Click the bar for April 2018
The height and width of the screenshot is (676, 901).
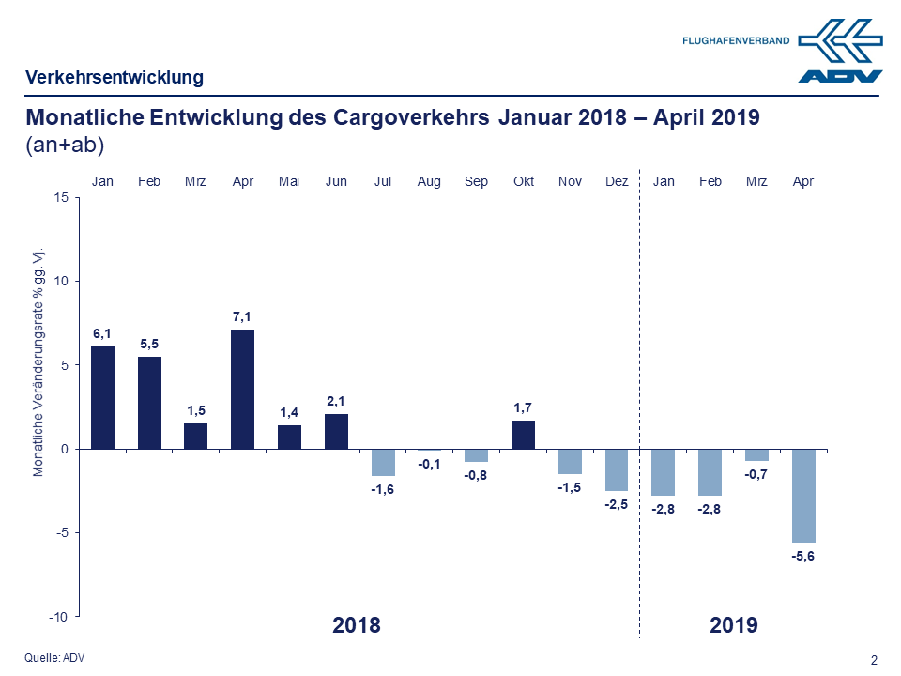[x=242, y=389]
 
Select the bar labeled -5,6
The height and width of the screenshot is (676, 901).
[x=803, y=495]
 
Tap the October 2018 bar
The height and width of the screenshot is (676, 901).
[x=523, y=435]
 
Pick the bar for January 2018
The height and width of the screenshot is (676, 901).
[x=102, y=397]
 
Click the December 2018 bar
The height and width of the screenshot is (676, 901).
[x=617, y=469]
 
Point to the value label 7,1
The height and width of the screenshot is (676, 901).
[x=242, y=317]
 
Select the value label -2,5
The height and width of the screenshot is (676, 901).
[x=617, y=504]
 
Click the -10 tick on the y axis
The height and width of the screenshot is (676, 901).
[x=58, y=617]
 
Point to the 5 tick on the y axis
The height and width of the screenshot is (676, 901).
[x=64, y=365]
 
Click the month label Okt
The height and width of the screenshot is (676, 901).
[x=523, y=181]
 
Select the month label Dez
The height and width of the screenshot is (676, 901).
[x=617, y=181]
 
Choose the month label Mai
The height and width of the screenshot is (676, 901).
[x=289, y=181]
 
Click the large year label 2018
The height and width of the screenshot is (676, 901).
[x=357, y=625]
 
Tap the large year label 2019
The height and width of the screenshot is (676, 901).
[x=734, y=625]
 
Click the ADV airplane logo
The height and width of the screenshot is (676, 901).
[x=840, y=49]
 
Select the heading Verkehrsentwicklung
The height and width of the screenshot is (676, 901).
[x=115, y=77]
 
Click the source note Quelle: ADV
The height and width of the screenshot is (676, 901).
[x=54, y=657]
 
